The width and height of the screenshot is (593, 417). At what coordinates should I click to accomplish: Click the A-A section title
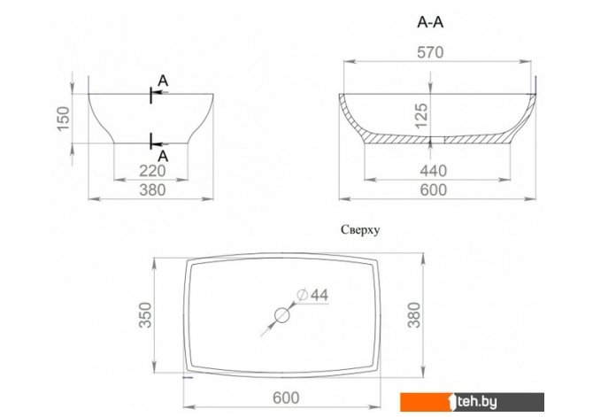click(x=430, y=23)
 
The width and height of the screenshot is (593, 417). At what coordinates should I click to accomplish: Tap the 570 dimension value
click(x=430, y=52)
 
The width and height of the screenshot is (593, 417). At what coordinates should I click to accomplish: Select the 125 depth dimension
click(x=421, y=115)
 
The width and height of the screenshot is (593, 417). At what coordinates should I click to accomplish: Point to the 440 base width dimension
click(x=434, y=171)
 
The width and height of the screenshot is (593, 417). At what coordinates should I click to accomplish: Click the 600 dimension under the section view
click(x=434, y=189)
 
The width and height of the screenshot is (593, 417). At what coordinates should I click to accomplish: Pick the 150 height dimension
click(x=64, y=119)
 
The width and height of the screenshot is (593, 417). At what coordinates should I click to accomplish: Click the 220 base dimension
click(x=152, y=171)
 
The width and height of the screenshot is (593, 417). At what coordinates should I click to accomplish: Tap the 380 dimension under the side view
click(x=152, y=189)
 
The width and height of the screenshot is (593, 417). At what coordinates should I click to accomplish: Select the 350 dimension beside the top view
click(x=145, y=315)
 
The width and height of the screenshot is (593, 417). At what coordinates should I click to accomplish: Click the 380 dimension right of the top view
click(x=414, y=315)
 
